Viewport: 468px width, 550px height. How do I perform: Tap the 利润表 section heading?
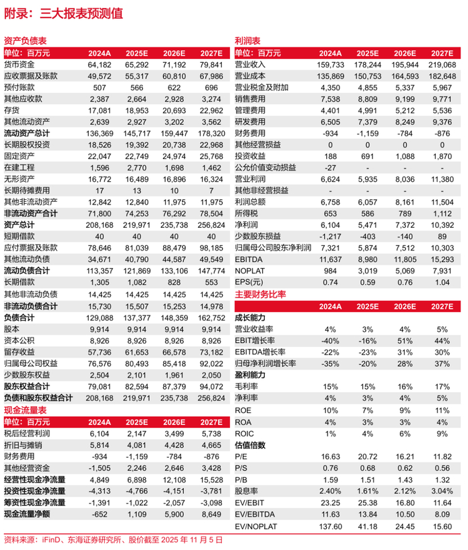(247, 41)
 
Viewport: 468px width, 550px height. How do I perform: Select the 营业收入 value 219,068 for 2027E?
(442, 64)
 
